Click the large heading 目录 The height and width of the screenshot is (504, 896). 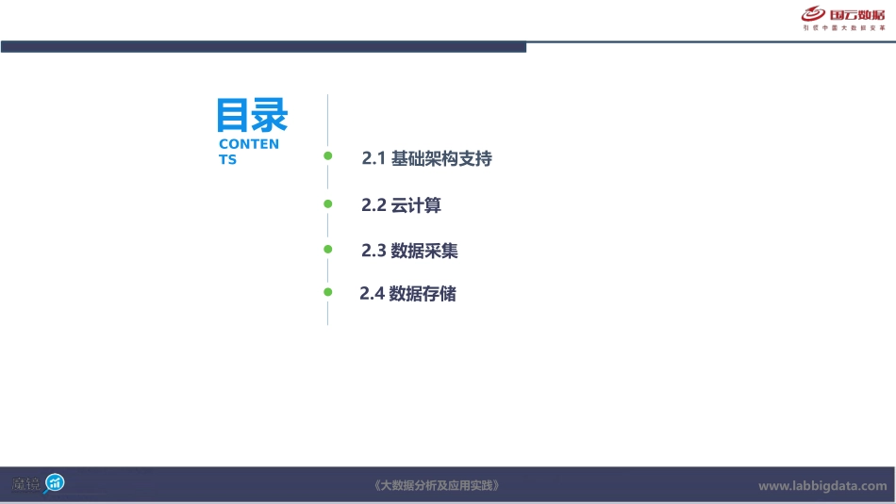pos(252,115)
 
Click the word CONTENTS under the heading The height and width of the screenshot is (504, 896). pos(248,152)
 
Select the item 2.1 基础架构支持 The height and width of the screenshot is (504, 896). pos(426,159)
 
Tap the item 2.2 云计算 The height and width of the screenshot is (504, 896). pos(401,205)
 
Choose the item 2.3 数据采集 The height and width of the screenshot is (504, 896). pos(409,251)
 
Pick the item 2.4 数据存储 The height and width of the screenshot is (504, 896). pos(407,294)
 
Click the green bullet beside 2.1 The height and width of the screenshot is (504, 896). pos(328,155)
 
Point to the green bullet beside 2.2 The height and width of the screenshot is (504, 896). pos(328,203)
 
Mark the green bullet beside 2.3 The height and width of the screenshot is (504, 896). pos(328,250)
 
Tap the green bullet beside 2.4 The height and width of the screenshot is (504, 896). pos(328,292)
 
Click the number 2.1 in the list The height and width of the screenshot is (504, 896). pos(374,159)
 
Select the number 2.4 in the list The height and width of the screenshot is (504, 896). pos(373,294)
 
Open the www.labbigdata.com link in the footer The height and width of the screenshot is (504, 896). pos(822,486)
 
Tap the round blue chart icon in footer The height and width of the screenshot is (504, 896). pos(56,483)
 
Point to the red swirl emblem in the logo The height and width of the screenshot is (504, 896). pos(814,14)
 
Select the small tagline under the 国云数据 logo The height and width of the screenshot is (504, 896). pos(844,28)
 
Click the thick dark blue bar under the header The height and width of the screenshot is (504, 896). pos(263,47)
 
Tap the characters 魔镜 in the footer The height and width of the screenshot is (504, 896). pos(25,484)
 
